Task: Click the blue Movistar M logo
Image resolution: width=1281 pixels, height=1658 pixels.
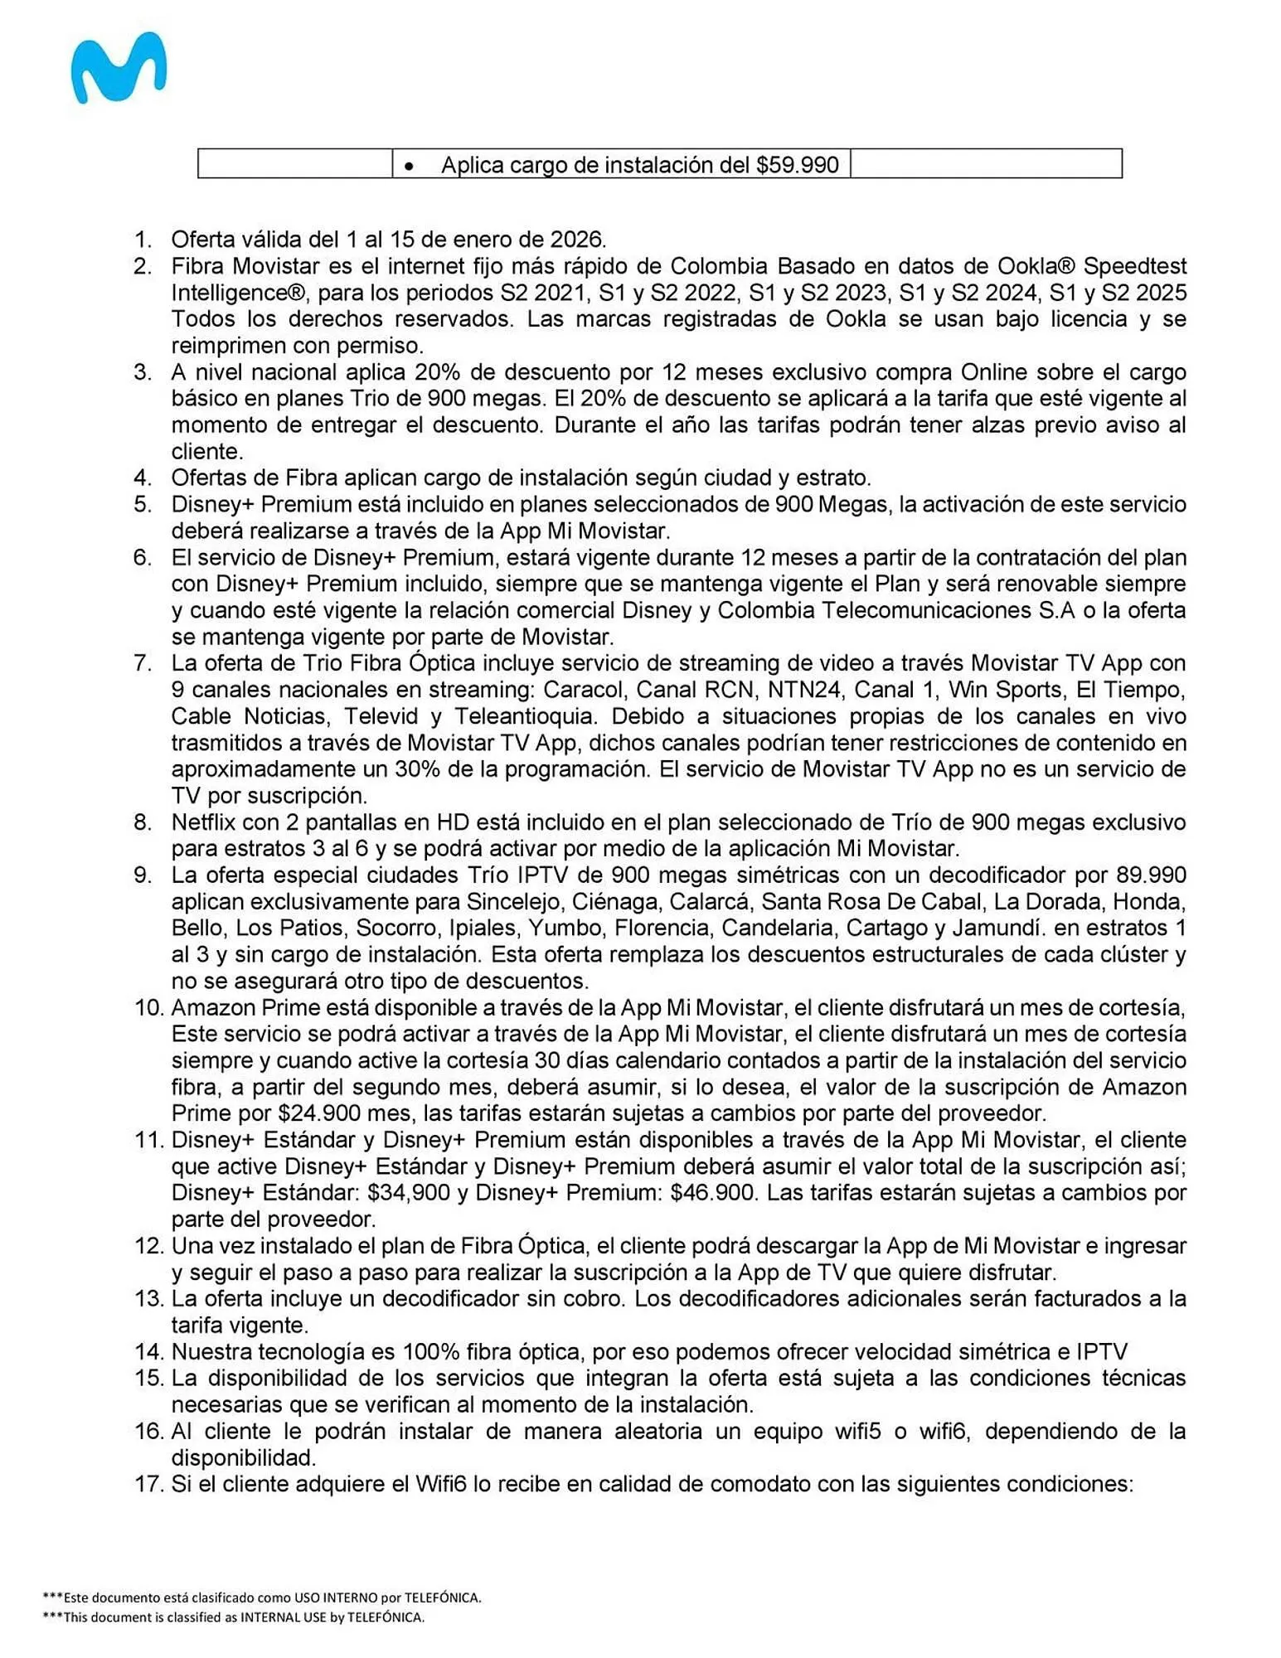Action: pos(118,69)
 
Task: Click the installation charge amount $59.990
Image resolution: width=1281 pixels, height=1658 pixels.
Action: pos(797,165)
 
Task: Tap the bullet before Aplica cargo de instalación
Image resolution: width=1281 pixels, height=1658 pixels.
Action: pos(409,167)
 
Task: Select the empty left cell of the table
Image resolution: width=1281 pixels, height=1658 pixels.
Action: pos(294,163)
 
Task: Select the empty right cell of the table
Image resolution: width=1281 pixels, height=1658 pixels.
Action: pos(985,163)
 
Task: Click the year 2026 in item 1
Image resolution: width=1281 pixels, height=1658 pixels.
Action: pos(578,240)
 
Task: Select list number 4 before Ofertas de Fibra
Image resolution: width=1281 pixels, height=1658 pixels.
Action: pos(143,478)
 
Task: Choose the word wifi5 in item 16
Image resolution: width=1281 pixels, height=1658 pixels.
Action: pos(853,1432)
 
